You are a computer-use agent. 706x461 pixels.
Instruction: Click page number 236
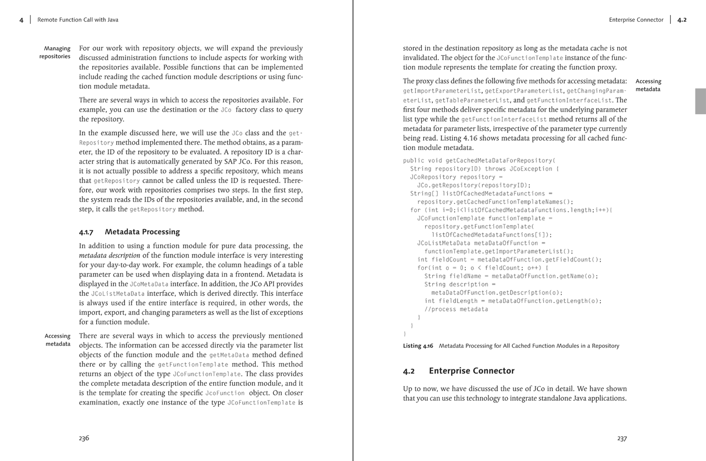84,438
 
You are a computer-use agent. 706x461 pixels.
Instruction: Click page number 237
622,439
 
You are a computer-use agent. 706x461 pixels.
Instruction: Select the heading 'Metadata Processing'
142,232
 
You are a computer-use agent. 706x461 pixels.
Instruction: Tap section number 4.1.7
86,232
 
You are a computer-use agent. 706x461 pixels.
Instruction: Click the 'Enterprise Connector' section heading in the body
471,371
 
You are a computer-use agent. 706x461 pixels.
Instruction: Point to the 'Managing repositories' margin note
55,52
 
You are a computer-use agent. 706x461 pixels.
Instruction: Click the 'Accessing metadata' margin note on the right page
648,85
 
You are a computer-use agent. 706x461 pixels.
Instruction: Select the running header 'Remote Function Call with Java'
78,20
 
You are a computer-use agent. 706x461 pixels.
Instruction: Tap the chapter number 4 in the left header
21,20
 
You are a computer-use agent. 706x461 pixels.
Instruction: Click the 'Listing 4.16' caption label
418,346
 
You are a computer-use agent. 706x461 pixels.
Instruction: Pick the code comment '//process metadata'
456,309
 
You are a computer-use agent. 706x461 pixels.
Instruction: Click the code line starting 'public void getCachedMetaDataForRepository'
479,161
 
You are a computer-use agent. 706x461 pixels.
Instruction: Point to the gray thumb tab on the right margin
700,101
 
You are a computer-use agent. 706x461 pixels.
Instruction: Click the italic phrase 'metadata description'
109,255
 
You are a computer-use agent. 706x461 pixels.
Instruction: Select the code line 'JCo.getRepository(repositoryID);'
474,185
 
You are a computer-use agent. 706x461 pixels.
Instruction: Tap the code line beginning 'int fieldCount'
509,260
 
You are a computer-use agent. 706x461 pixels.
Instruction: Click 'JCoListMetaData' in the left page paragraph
118,294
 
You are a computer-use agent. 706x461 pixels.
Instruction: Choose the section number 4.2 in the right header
682,20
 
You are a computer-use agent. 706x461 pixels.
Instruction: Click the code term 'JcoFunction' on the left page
225,393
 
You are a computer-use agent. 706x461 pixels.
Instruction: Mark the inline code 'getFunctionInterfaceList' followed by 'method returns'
504,120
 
